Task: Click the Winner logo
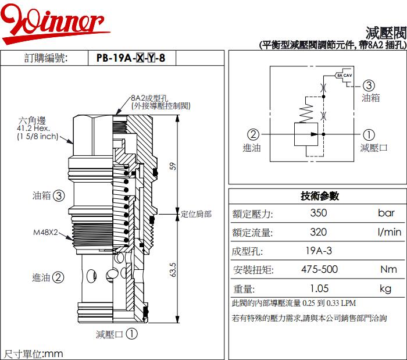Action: click(x=55, y=23)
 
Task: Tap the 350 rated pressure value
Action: click(x=318, y=213)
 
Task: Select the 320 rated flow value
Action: click(x=318, y=232)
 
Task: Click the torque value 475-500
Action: click(x=319, y=270)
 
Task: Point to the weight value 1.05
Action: click(x=319, y=288)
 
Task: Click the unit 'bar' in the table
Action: click(x=386, y=213)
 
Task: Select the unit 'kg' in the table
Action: click(x=385, y=288)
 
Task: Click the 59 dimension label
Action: click(x=172, y=166)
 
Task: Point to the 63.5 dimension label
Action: click(x=173, y=271)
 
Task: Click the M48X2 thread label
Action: click(x=45, y=233)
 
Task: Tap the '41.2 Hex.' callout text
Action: click(x=34, y=129)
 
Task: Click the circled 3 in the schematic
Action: click(x=368, y=85)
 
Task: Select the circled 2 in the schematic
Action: click(x=253, y=134)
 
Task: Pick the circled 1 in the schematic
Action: click(x=369, y=134)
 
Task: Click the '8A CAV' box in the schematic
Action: click(x=344, y=76)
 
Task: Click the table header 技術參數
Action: click(x=319, y=196)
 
